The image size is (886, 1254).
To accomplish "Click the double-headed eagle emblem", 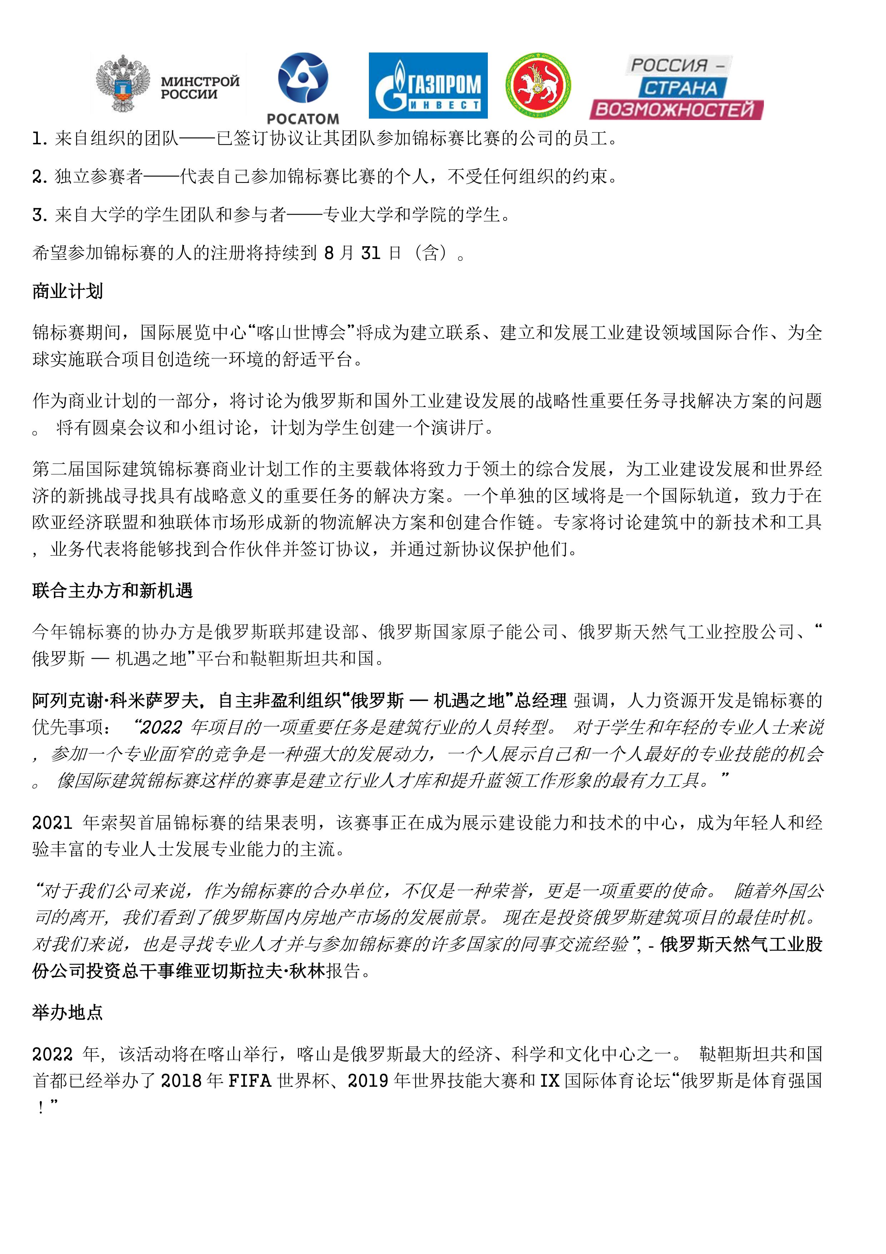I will click(123, 83).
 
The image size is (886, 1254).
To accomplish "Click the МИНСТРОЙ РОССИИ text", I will click(200, 88).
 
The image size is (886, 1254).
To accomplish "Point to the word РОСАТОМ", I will click(303, 119).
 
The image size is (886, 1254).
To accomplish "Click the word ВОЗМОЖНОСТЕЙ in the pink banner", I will click(675, 109).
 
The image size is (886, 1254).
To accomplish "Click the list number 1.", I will click(39, 139).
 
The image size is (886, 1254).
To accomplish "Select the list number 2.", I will click(39, 177).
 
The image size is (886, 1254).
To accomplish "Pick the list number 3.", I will click(39, 215).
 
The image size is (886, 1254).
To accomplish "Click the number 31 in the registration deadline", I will click(371, 253).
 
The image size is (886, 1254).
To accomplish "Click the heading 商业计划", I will click(68, 292).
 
